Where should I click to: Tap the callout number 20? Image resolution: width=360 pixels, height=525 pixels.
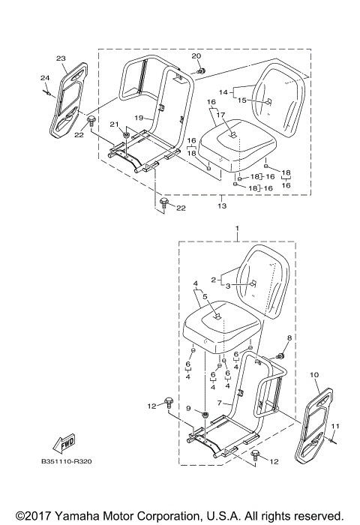[197, 56]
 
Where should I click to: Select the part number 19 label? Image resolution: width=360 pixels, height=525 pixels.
[139, 118]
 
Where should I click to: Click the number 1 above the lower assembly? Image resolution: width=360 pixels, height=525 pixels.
[238, 227]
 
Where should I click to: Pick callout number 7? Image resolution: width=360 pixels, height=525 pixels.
[220, 403]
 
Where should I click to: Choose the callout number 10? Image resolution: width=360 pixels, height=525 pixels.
[313, 373]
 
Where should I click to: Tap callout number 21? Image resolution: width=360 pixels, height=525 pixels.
[114, 124]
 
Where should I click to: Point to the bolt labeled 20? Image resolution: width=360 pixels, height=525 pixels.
[202, 70]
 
